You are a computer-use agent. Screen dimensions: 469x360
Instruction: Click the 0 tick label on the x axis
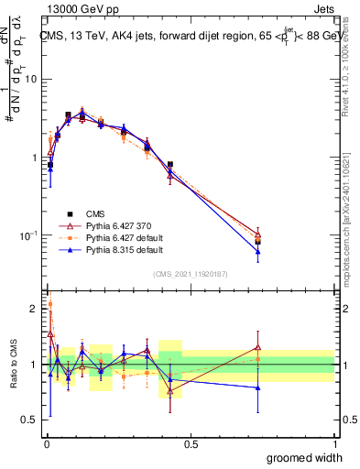[x=46, y=443]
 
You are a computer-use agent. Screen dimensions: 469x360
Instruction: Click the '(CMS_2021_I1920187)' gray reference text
[x=191, y=273]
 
